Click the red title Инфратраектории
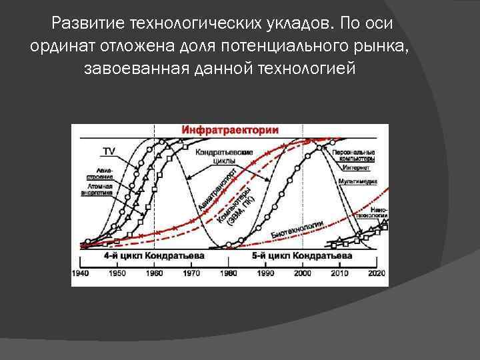click(229, 130)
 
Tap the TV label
click(108, 150)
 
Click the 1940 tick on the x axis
click(81, 273)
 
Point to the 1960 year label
click(154, 273)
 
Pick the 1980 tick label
click(228, 273)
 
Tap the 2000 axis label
click(302, 273)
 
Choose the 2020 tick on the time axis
click(377, 273)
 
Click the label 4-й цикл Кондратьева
click(154, 255)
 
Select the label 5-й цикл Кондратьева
click(302, 255)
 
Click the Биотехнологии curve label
click(297, 229)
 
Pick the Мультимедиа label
click(359, 182)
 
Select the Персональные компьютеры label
click(354, 155)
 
